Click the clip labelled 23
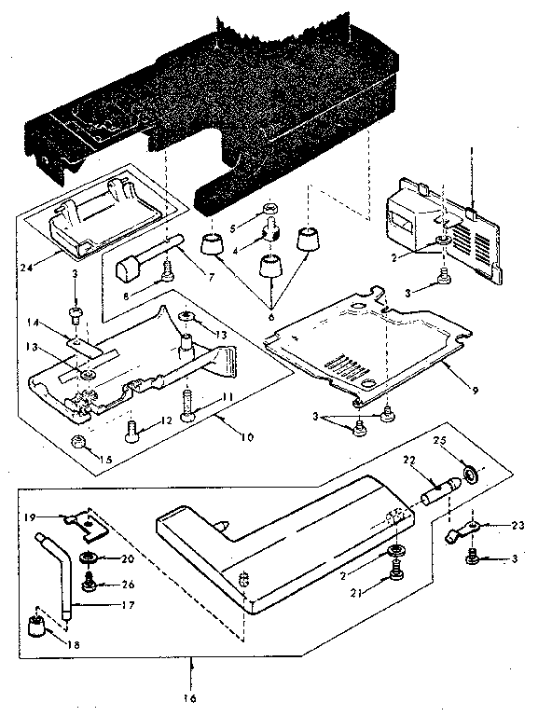(x=460, y=535)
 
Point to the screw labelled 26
(x=91, y=584)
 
